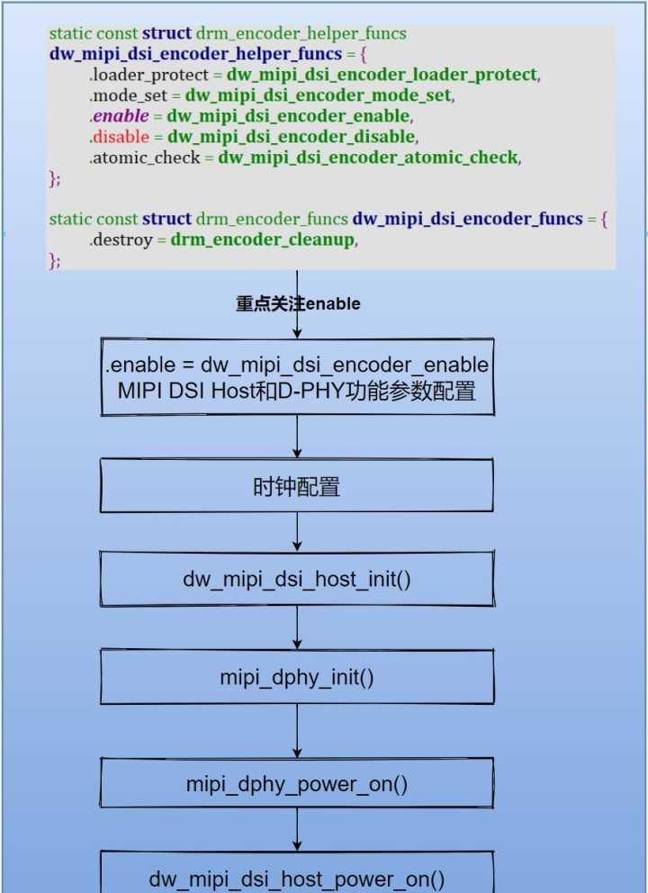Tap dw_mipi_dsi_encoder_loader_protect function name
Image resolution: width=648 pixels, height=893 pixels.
(x=382, y=75)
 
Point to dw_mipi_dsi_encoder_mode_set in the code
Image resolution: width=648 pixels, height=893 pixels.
(x=319, y=95)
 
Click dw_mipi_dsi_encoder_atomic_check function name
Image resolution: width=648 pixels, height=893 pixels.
(x=368, y=158)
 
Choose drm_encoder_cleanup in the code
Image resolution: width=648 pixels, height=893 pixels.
(x=262, y=240)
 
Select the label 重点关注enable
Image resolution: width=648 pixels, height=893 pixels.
(x=298, y=303)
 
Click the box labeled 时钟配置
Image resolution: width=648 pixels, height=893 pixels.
(x=296, y=487)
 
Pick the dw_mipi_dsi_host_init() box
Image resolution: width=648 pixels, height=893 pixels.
(x=296, y=579)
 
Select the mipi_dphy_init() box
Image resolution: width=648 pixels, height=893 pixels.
(x=296, y=677)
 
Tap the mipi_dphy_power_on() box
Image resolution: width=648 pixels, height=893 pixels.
(x=296, y=783)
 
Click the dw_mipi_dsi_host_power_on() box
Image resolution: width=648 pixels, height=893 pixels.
(x=296, y=877)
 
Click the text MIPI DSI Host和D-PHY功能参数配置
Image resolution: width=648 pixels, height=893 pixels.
(x=296, y=391)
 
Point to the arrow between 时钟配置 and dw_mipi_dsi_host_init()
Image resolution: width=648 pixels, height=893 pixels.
(x=296, y=532)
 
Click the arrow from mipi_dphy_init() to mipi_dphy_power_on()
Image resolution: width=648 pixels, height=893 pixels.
(x=296, y=730)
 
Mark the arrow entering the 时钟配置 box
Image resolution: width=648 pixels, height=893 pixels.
(x=296, y=437)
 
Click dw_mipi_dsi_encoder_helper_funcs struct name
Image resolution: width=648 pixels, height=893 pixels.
(x=195, y=54)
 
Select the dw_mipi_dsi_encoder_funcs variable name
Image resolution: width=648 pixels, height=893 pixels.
(x=467, y=219)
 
